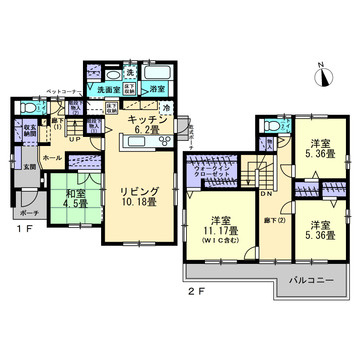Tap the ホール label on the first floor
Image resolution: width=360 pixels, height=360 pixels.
(53, 157)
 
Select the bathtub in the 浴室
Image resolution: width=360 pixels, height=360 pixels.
(156, 73)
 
